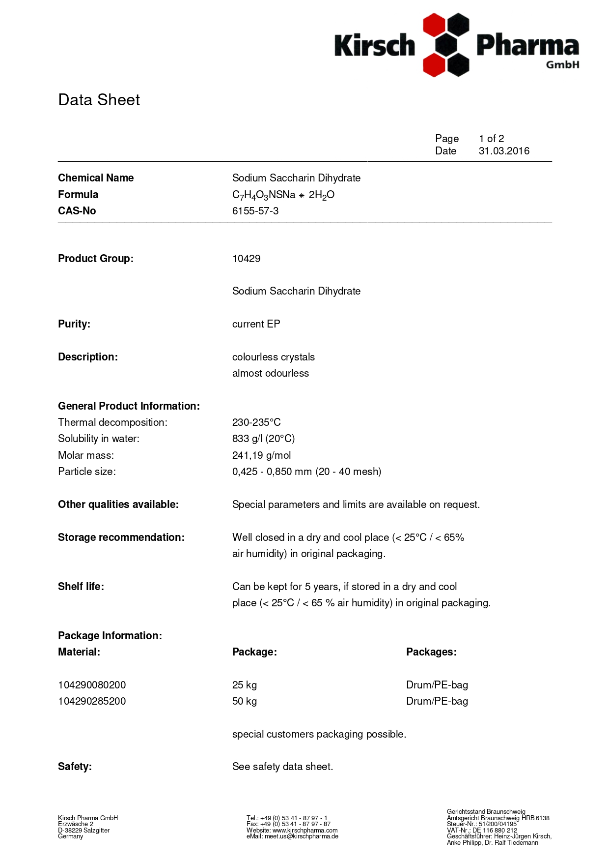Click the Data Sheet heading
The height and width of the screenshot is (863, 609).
point(99,100)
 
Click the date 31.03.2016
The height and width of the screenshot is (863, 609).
point(504,151)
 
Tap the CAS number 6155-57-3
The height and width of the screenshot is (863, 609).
point(255,211)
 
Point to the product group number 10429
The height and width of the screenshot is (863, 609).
point(246,259)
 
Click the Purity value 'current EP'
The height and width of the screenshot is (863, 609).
point(256,324)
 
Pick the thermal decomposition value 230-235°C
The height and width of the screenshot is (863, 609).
point(256,422)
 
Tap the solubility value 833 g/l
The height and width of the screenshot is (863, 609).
point(263,439)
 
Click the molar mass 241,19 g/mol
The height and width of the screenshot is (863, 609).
point(261,455)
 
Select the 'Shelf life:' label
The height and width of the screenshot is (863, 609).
point(81,587)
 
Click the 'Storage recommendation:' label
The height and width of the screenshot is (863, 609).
point(121,537)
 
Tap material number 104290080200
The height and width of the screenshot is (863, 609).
point(92,685)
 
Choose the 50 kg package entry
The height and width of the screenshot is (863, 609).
point(245,701)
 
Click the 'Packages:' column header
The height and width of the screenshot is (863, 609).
point(431,652)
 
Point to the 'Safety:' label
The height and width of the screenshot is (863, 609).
point(75,767)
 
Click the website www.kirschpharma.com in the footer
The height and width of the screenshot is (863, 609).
point(305,830)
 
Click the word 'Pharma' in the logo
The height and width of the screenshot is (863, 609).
point(527,46)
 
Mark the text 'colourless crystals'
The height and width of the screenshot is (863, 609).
point(274,357)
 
